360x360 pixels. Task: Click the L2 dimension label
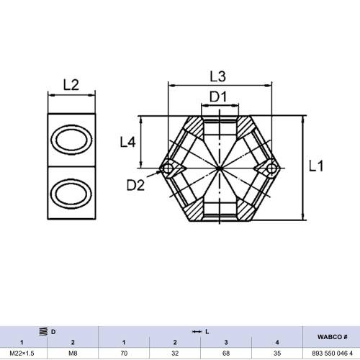click(71, 85)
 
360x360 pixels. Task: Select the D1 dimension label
click(219, 96)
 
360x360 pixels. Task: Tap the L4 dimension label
click(128, 143)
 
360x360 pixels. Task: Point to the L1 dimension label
click(317, 166)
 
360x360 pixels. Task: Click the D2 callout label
click(135, 185)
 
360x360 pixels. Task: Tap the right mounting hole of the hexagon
click(271, 168)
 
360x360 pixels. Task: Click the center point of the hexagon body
click(220, 168)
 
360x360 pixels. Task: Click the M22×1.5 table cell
click(22, 354)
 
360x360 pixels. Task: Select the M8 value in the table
click(73, 354)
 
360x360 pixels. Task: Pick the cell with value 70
click(125, 354)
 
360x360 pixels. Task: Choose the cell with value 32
click(175, 354)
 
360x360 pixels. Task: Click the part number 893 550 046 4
click(332, 354)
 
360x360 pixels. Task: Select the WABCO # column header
click(332, 336)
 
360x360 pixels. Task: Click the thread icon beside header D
click(43, 330)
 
